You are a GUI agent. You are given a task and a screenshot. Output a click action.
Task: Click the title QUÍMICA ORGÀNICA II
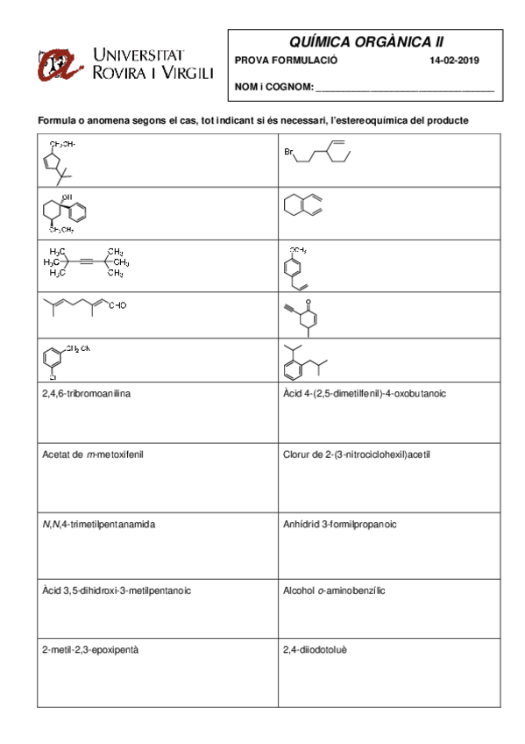pos(365,42)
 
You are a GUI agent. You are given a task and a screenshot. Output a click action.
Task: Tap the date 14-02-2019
pos(454,61)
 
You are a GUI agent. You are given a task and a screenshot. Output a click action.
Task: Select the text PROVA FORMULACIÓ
pos(286,61)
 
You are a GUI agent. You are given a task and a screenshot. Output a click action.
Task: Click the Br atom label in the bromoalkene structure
pos(288,152)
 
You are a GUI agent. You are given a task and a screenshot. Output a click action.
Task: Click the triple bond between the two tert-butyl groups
pos(88,261)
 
